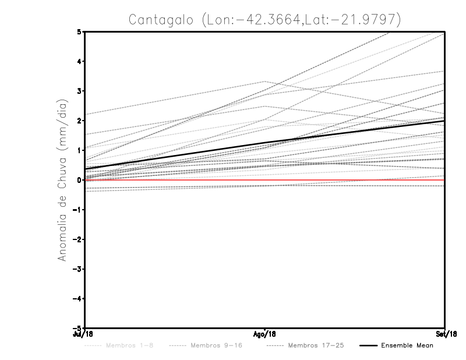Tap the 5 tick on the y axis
(79, 31)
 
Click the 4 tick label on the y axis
(79, 61)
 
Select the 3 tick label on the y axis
(79, 91)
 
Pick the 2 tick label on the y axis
(79, 121)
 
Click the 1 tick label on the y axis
(79, 150)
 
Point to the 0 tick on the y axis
(79, 180)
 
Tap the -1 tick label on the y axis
(77, 210)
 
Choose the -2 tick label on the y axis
(77, 239)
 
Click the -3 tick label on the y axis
(77, 269)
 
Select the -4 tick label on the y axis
(77, 298)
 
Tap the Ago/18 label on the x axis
(265, 334)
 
